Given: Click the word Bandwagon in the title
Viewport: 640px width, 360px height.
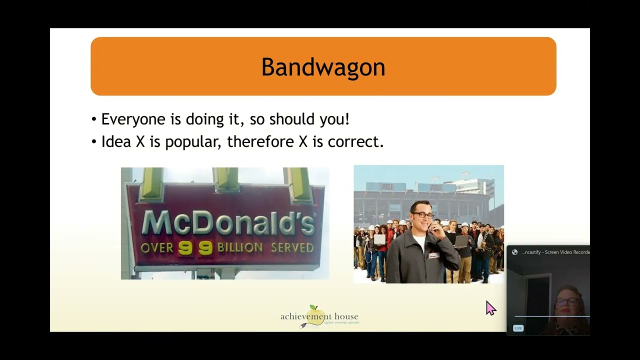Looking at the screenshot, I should tap(323, 67).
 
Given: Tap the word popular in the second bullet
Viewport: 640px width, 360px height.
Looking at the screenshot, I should tap(192, 142).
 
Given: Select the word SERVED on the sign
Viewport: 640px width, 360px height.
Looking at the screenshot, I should tap(292, 247).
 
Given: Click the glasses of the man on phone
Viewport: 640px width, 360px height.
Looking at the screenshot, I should tap(423, 215).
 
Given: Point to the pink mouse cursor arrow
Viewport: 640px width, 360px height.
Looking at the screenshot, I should tap(490, 307).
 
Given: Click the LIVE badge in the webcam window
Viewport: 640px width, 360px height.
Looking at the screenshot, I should tap(518, 328).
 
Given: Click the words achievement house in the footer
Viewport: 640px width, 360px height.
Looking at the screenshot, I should tap(319, 317).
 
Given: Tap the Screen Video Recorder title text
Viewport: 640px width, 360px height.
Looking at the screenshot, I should tap(555, 252).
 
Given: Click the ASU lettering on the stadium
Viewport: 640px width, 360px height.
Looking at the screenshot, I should tap(387, 186).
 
